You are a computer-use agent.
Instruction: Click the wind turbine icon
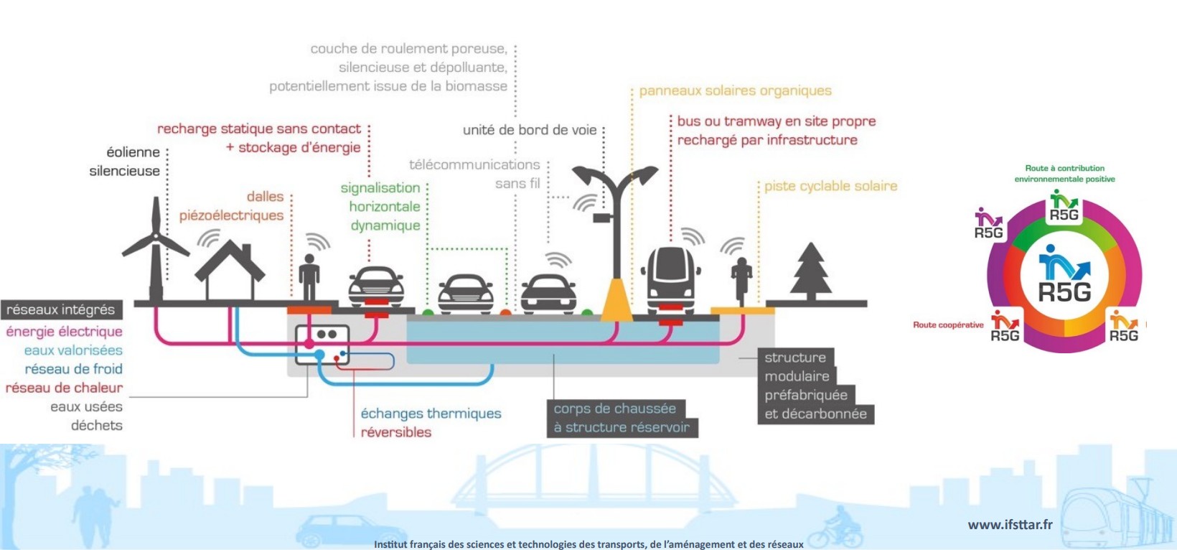click(155, 248)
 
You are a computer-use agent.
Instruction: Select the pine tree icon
click(810, 271)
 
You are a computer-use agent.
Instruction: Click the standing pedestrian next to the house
click(309, 276)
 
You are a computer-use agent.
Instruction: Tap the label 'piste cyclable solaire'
click(830, 186)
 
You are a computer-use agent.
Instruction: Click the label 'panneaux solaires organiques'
click(735, 90)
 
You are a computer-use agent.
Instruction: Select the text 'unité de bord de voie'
click(530, 130)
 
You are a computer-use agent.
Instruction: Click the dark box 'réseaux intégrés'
click(61, 309)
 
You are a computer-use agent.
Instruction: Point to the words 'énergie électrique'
click(64, 332)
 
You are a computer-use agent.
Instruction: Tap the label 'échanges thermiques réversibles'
click(430, 422)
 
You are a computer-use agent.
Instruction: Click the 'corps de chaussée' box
click(615, 409)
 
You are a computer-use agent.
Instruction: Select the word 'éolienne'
click(133, 152)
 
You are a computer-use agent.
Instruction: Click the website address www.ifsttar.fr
click(1010, 525)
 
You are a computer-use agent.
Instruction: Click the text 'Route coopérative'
click(948, 325)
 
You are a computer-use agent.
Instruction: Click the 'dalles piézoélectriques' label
click(232, 206)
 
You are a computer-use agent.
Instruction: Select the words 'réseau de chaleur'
click(64, 388)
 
